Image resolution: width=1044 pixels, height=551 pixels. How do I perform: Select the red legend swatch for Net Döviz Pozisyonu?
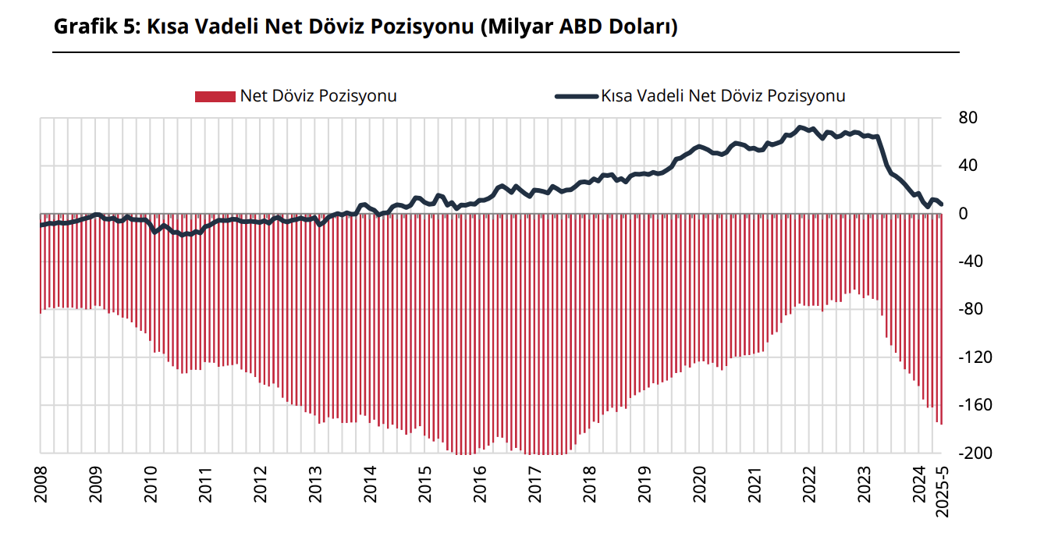[215, 96]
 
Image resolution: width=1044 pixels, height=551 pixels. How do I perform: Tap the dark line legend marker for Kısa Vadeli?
[577, 96]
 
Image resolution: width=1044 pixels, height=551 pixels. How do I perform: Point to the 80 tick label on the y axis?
[968, 119]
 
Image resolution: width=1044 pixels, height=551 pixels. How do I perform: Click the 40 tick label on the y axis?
[968, 166]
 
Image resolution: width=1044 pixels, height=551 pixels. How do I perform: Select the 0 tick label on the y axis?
[963, 214]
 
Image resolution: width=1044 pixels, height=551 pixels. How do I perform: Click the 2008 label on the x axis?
[41, 483]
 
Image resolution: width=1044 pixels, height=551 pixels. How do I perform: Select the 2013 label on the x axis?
[315, 483]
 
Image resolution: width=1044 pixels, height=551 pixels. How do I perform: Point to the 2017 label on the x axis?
[535, 483]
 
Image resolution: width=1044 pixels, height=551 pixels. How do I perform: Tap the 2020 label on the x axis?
[700, 483]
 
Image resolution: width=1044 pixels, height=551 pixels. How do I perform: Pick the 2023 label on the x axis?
[865, 483]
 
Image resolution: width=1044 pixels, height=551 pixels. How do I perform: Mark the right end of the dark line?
[942, 204]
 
